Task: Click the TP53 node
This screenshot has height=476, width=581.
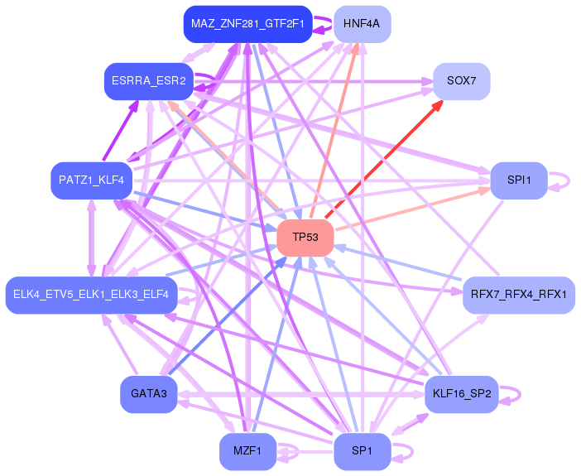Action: (305, 238)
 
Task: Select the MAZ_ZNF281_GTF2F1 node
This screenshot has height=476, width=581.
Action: (246, 24)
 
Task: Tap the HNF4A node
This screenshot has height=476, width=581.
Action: (362, 24)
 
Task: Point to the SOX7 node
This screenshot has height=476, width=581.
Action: (461, 81)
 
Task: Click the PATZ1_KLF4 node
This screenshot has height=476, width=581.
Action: (91, 180)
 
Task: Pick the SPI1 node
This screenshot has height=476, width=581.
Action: (519, 180)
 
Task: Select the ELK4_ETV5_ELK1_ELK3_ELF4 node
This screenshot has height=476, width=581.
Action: (91, 295)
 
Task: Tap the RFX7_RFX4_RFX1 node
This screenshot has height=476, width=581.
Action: (519, 295)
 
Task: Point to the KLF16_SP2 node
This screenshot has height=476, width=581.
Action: (461, 394)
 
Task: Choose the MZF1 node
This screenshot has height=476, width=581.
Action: (247, 451)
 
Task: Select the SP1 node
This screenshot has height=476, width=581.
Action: (362, 451)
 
